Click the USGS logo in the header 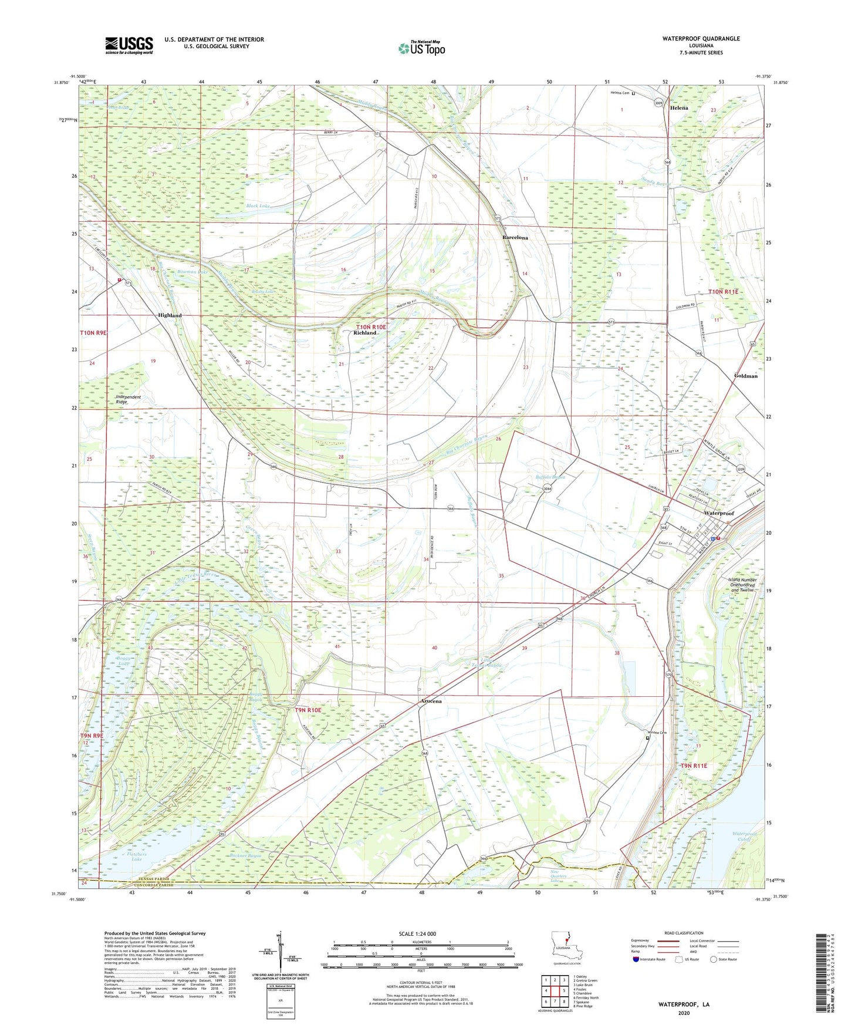coord(129,45)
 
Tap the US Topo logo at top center coord(421,48)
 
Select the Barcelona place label coord(515,238)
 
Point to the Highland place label coord(170,316)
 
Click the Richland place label coord(364,333)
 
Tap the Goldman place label coord(745,376)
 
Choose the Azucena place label coord(430,702)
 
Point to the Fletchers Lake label coord(136,857)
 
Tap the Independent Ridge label coord(121,399)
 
